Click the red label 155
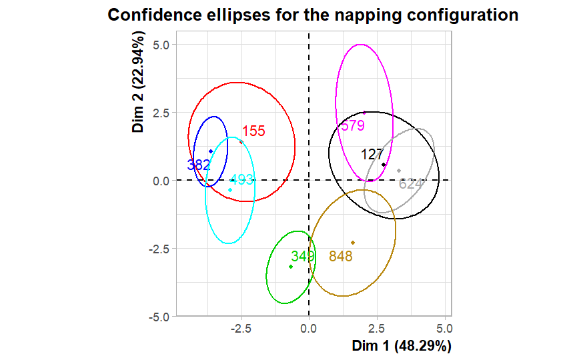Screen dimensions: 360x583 click(x=253, y=131)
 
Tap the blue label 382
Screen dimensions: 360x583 click(x=199, y=165)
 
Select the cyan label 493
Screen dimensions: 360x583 click(x=241, y=180)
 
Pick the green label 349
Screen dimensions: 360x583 click(x=303, y=256)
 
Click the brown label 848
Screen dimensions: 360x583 click(x=340, y=257)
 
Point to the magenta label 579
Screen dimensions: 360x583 click(x=352, y=125)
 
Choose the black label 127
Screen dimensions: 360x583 click(x=372, y=155)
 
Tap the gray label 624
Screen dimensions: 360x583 click(x=411, y=183)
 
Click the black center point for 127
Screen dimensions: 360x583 click(x=384, y=165)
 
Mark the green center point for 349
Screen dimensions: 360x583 click(x=291, y=267)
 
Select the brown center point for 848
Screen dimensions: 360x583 click(x=353, y=243)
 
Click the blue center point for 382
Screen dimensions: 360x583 click(x=211, y=151)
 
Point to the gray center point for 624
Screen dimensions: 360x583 click(x=399, y=171)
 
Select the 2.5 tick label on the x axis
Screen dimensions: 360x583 click(x=376, y=328)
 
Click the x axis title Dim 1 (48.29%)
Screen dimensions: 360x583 click(x=402, y=346)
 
